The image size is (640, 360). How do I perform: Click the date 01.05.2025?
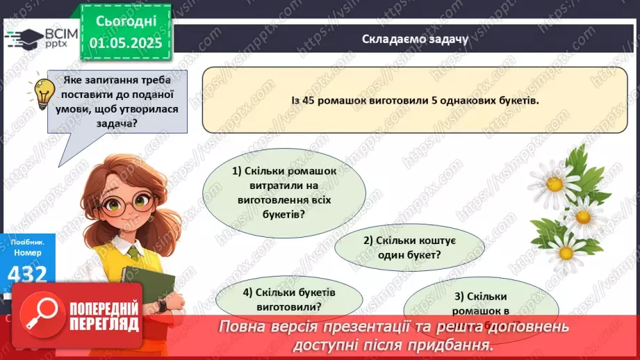[x=126, y=43]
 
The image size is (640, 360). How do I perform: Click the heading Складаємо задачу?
[x=415, y=40]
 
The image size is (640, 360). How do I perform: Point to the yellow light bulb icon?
[x=44, y=91]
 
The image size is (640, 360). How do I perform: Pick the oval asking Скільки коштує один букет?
[x=409, y=247]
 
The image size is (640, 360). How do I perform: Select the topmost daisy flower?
[x=554, y=182]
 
